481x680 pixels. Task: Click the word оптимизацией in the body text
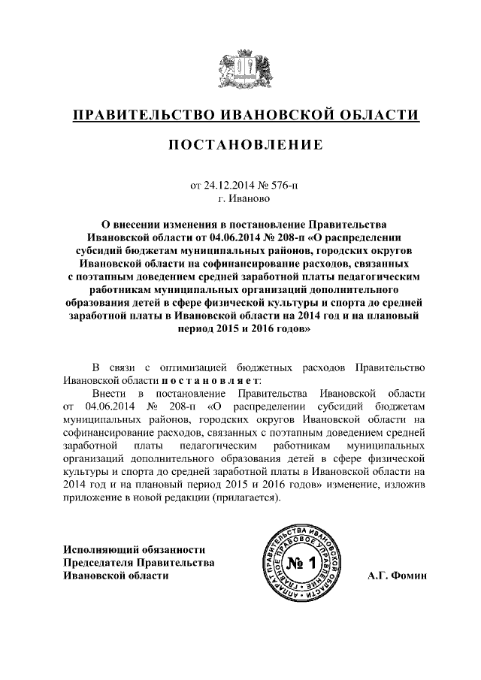tap(197, 367)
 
